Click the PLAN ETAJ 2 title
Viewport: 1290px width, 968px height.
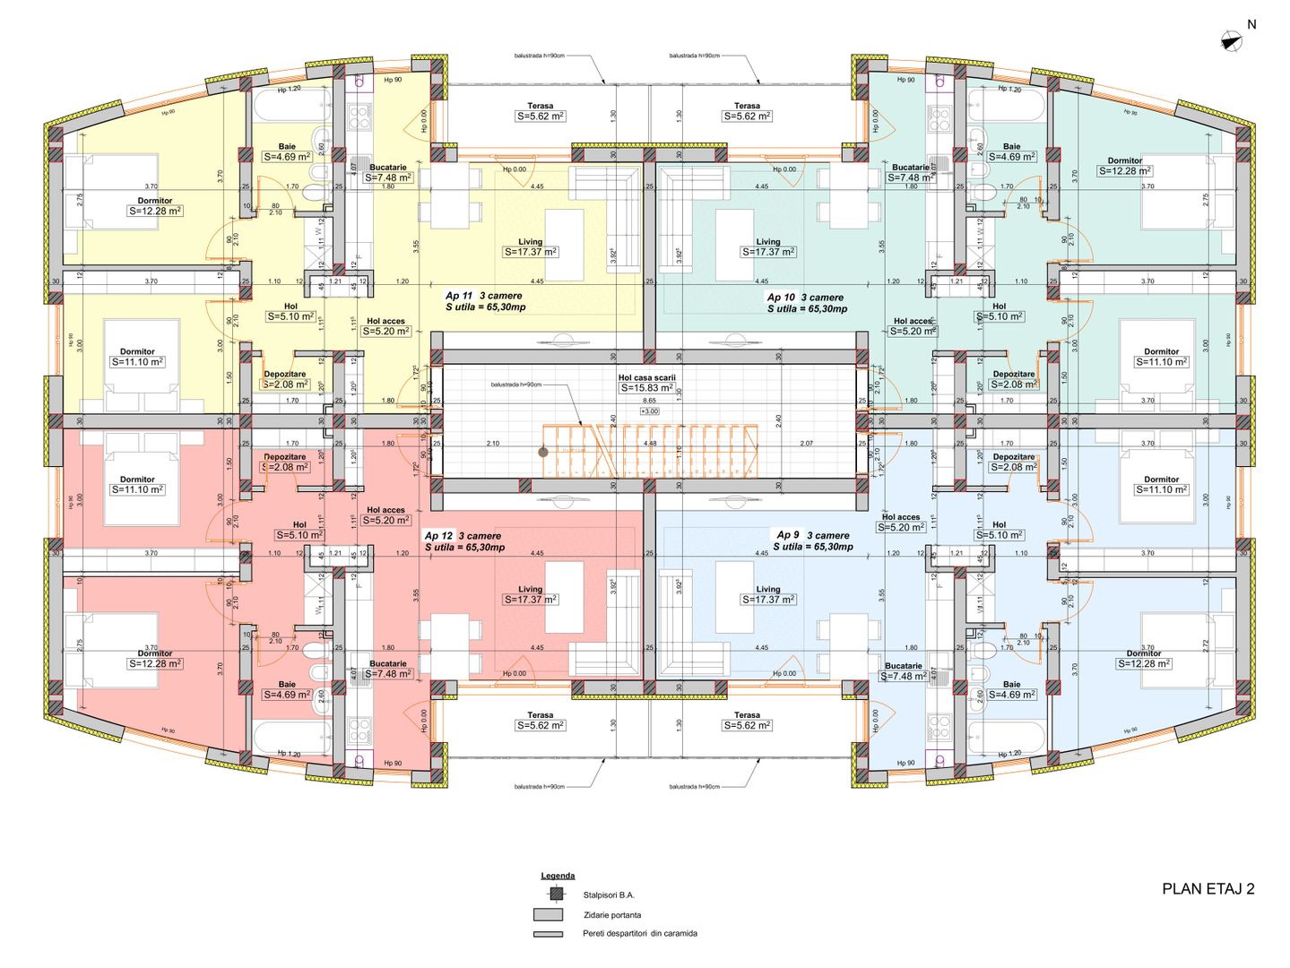[x=1208, y=889]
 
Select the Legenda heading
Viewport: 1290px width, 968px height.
[x=558, y=876]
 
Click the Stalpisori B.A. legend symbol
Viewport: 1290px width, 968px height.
[x=557, y=894]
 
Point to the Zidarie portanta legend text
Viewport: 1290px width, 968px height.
[x=611, y=915]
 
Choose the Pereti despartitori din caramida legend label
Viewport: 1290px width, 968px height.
[x=639, y=933]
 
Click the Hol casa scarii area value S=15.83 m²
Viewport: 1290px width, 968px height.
[x=646, y=388]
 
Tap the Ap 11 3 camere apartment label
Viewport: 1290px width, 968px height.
[x=484, y=296]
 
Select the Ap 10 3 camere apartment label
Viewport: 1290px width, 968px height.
[x=805, y=298]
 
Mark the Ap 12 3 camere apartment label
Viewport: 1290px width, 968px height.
[x=463, y=536]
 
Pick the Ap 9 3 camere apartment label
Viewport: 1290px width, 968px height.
[x=813, y=535]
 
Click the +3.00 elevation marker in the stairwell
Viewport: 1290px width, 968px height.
[x=649, y=411]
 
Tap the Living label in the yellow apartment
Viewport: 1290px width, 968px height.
[x=530, y=242]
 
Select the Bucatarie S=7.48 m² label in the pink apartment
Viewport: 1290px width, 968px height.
[x=388, y=670]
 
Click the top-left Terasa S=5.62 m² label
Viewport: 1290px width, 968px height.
[x=540, y=111]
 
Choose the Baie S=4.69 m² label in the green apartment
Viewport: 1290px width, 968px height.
[x=1011, y=151]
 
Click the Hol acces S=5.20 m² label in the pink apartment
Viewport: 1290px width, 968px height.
[x=386, y=515]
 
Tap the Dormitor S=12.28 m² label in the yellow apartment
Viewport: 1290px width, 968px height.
[x=155, y=207]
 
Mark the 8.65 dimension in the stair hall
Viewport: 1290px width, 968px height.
[x=649, y=401]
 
